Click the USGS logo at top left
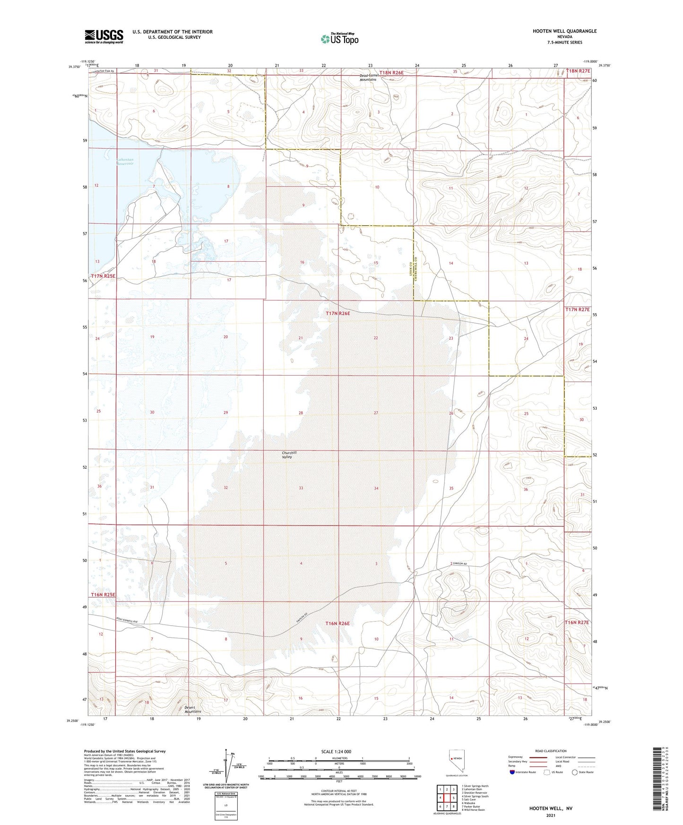pos(104,36)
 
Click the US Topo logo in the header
pos(339,38)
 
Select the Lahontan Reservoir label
pos(125,162)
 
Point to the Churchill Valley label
pos(289,455)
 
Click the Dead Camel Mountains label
pos(368,77)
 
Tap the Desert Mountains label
pos(193,709)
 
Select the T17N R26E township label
pos(337,313)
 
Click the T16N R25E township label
pos(103,595)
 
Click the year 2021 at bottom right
pos(551,815)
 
